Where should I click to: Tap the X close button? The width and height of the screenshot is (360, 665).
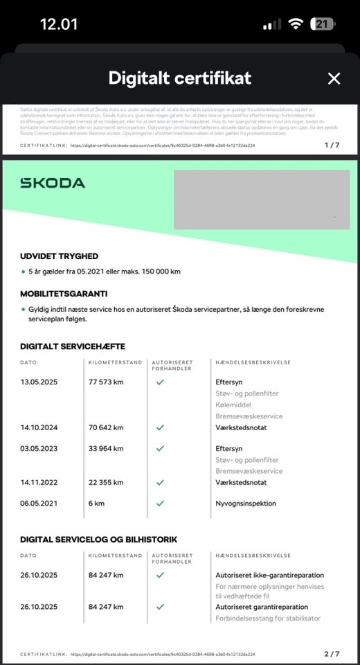(x=334, y=78)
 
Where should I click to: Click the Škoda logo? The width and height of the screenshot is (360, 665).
(x=53, y=183)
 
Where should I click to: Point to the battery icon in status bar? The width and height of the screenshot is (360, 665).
(x=323, y=24)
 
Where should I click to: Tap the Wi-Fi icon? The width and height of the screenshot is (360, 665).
(x=296, y=24)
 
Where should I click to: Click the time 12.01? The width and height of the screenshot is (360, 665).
(x=59, y=24)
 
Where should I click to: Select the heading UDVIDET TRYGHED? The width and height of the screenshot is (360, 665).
(x=60, y=256)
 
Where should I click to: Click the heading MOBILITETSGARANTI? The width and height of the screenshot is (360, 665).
(x=64, y=294)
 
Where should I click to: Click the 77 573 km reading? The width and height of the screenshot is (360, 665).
(x=106, y=381)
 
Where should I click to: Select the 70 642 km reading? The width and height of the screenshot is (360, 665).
(x=106, y=427)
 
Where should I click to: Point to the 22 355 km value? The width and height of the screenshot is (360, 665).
(x=106, y=482)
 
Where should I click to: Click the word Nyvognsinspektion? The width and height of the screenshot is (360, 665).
(x=245, y=503)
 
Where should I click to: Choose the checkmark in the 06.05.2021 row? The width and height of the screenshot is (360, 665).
(x=160, y=503)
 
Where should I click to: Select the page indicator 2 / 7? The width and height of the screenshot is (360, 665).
(x=332, y=654)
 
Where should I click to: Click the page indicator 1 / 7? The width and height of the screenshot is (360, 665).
(x=332, y=145)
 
